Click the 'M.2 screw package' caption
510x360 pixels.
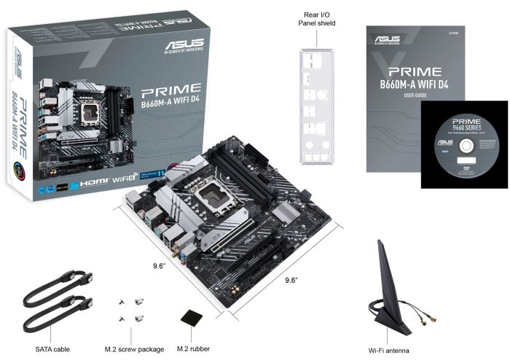point(134,349)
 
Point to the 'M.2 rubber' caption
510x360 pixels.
point(194,349)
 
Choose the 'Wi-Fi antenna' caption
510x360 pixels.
point(393,349)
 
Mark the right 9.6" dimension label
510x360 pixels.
point(291,280)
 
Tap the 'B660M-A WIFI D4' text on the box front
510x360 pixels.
point(170,110)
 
